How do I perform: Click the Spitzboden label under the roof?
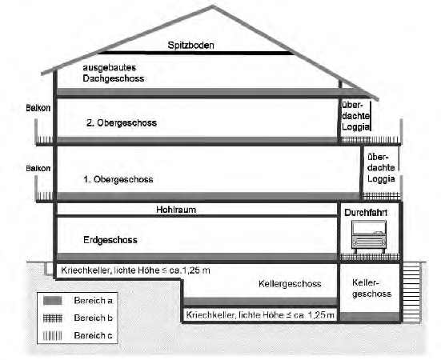190,46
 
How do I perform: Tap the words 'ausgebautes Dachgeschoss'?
114,73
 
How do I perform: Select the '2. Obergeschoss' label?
122,123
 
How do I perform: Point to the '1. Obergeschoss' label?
118,179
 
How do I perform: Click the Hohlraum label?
176,210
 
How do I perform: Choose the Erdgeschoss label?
110,240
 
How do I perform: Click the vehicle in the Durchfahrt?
369,237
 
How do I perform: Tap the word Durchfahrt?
366,213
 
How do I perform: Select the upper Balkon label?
38,108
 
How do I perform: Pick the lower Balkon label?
38,168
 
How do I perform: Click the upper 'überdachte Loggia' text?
355,116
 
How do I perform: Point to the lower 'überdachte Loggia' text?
381,168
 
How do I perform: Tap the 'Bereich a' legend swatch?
53,301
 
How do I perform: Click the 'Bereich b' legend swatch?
53,318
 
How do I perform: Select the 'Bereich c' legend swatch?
53,335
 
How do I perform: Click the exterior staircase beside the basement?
411,293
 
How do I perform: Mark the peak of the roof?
213,6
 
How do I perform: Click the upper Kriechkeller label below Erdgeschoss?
135,270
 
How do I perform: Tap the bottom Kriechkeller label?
260,315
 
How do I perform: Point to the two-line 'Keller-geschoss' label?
371,288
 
